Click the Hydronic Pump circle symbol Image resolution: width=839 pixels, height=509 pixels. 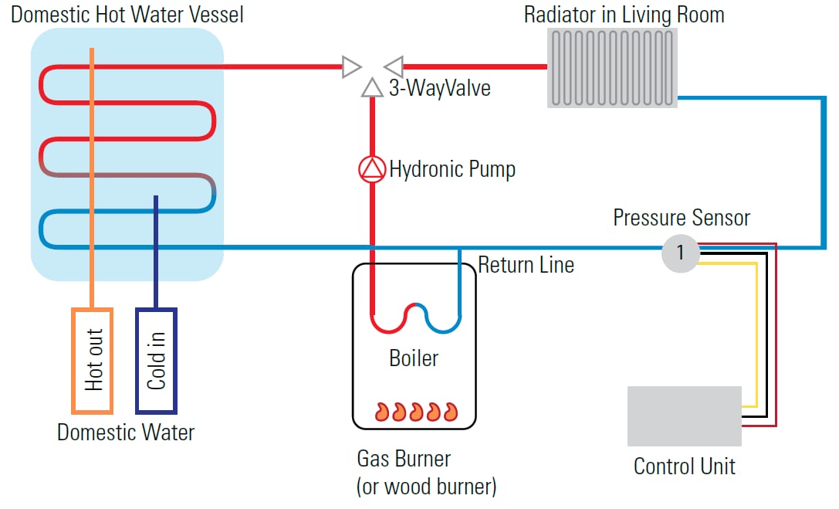(x=372, y=169)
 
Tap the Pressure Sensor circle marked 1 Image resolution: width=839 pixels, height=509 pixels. (x=680, y=252)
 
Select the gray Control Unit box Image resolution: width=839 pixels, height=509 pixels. (x=684, y=416)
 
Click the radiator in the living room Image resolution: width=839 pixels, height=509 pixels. (x=612, y=67)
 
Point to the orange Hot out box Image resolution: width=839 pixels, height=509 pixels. (x=93, y=359)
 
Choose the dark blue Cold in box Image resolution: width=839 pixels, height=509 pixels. (x=157, y=359)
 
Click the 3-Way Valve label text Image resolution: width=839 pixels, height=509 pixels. (x=439, y=88)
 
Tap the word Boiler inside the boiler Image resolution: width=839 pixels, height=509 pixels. (x=414, y=358)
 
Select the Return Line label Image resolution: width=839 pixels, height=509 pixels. (x=526, y=266)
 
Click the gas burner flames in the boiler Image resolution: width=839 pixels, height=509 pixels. (x=415, y=411)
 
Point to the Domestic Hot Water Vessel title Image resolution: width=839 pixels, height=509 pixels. (x=127, y=15)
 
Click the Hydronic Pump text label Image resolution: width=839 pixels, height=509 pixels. (x=452, y=169)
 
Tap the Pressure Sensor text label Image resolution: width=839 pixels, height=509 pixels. (x=681, y=218)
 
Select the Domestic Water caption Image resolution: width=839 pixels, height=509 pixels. (x=126, y=432)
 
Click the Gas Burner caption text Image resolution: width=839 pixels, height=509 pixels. (x=404, y=459)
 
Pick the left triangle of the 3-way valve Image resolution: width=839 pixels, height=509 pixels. (x=351, y=67)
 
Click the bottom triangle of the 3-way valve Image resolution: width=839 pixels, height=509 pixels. (x=372, y=87)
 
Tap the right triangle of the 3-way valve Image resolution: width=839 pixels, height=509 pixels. (x=394, y=67)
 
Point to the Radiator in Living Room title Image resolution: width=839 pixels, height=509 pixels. (x=624, y=15)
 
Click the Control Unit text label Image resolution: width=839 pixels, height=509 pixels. (x=684, y=467)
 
